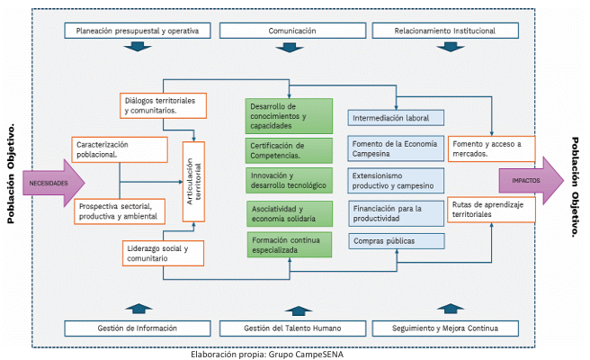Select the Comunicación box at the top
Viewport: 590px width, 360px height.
292,31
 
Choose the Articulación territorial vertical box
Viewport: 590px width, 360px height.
194,182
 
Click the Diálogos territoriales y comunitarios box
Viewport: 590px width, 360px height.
163,105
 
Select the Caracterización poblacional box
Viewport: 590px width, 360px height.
120,149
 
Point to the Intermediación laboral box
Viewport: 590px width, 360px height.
397,118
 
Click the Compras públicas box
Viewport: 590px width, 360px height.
397,240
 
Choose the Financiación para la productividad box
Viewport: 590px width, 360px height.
397,212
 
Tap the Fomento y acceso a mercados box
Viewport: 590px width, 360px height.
491,148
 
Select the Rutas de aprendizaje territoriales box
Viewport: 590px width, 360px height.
491,210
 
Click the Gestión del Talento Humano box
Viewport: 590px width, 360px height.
292,328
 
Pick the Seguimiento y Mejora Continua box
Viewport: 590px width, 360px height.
446,328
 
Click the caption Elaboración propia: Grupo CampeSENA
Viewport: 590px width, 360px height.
267,353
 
